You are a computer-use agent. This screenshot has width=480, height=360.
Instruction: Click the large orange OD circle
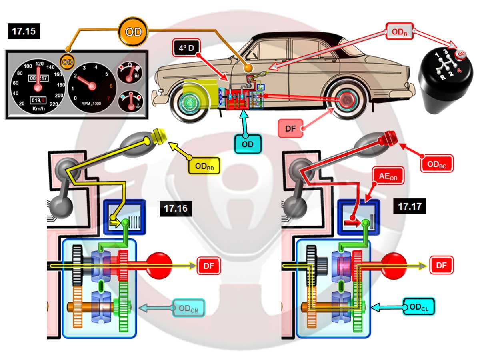pyautogui.click(x=133, y=32)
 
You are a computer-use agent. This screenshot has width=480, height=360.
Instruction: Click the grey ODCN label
pyautogui.click(x=188, y=308)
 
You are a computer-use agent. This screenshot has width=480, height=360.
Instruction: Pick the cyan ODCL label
pyautogui.click(x=418, y=307)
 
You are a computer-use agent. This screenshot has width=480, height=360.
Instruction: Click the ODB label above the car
pyautogui.click(x=400, y=31)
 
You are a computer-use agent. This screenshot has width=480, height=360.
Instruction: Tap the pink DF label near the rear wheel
pyautogui.click(x=291, y=128)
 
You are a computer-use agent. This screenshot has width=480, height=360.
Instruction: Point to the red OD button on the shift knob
pyautogui.click(x=461, y=54)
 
